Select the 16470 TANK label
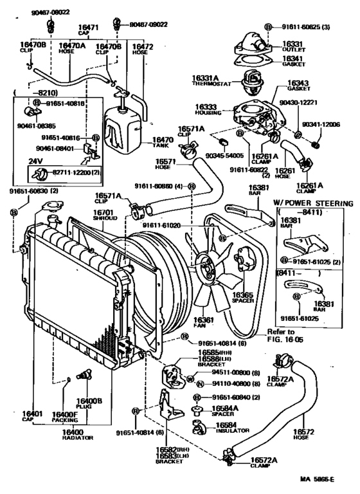162,142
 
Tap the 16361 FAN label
204,322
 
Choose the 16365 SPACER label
243,297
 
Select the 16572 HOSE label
303,435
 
